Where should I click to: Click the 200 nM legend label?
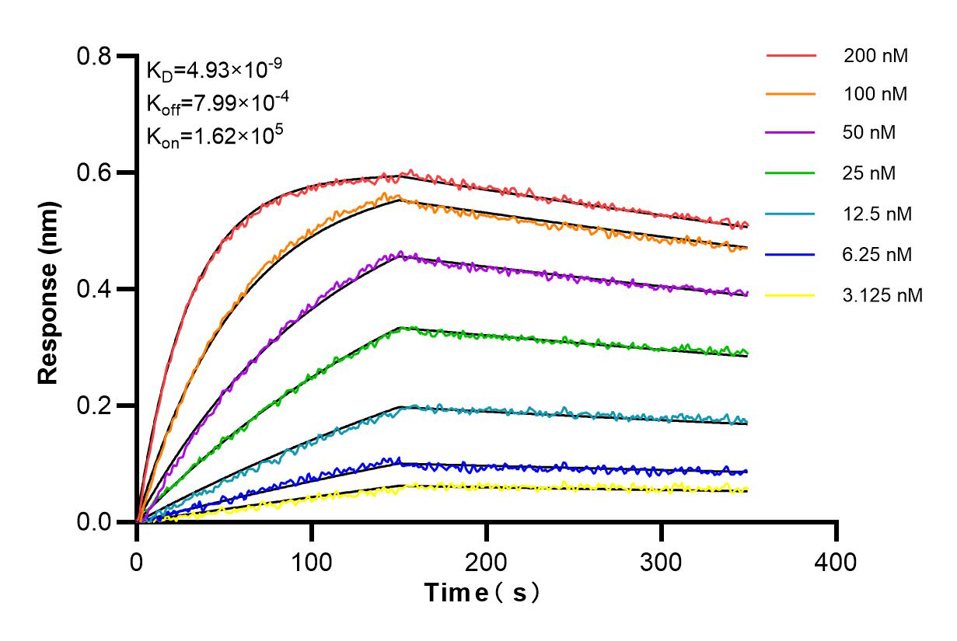click(876, 56)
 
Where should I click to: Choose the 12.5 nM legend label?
click(878, 214)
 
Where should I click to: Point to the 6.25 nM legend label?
click(878, 254)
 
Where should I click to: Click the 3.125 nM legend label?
click(883, 295)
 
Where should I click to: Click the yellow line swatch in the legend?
click(791, 295)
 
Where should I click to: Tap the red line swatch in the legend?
click(791, 56)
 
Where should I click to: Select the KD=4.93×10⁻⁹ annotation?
click(214, 71)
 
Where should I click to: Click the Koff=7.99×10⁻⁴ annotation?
click(214, 103)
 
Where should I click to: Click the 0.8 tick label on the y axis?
click(93, 57)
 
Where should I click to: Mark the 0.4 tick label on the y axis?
click(93, 290)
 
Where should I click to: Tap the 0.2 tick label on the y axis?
click(93, 406)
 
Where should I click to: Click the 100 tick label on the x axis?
click(312, 561)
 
